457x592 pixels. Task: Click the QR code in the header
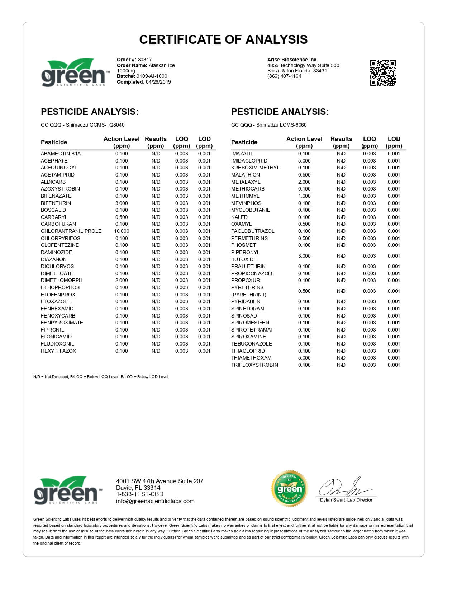click(x=382, y=73)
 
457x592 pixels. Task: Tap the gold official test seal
click(x=289, y=488)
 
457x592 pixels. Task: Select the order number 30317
click(x=145, y=60)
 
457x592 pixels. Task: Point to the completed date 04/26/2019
click(x=158, y=82)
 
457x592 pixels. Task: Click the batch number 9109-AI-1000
click(x=152, y=76)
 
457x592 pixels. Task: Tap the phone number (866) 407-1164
click(x=284, y=76)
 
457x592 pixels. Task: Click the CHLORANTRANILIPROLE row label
click(x=71, y=231)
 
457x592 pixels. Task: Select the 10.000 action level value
click(x=122, y=231)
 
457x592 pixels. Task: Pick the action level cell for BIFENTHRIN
click(x=122, y=203)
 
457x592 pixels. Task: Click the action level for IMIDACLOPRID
click(x=304, y=161)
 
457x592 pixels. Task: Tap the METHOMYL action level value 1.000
click(x=304, y=196)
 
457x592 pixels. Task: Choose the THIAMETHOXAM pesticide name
click(x=251, y=358)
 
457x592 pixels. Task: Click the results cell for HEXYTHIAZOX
click(x=156, y=351)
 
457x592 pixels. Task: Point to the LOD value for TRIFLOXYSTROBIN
click(x=394, y=365)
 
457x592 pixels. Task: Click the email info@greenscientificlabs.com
click(x=155, y=501)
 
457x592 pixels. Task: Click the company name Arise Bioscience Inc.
click(x=292, y=60)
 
